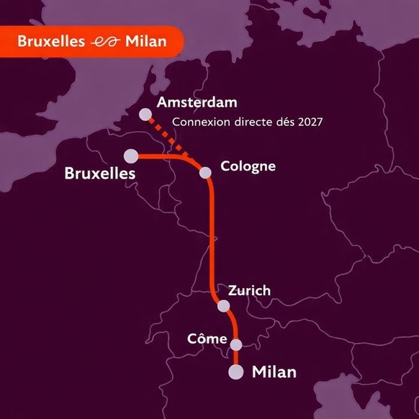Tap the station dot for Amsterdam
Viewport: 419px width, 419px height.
tap(146, 114)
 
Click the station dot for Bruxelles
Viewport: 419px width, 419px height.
tap(131, 156)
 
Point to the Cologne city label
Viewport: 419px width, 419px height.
tap(248, 166)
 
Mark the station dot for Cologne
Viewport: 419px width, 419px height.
tap(206, 173)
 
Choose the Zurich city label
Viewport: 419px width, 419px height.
tap(249, 291)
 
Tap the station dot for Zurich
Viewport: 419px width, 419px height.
tap(224, 306)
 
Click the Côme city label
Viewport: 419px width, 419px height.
tap(207, 338)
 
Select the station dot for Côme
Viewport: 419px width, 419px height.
tap(236, 344)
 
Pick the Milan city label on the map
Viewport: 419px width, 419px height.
tap(274, 372)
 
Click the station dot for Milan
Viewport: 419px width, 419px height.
tap(235, 371)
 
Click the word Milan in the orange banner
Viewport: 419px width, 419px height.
tap(145, 41)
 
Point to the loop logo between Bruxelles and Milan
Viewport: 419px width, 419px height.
tap(105, 42)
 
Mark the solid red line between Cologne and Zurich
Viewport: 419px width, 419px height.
tap(214, 238)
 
